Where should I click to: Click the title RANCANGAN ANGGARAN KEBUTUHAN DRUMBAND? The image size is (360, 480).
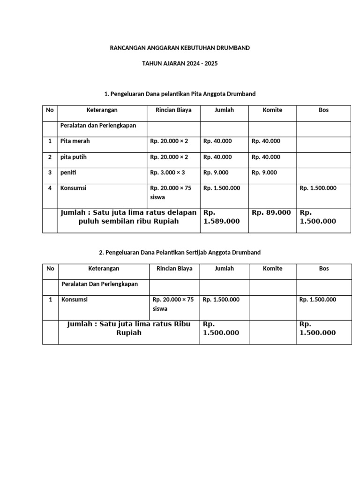tap(180, 48)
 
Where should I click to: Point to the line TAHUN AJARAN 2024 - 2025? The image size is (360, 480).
tap(180, 63)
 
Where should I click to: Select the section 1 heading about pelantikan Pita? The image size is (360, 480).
tap(180, 94)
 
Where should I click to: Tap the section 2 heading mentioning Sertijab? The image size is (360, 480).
tap(180, 253)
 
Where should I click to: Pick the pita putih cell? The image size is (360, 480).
tap(74, 157)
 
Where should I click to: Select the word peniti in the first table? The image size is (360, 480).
tap(68, 173)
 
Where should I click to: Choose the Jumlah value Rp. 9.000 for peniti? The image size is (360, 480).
tap(216, 173)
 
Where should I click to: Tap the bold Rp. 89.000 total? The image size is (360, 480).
tap(271, 213)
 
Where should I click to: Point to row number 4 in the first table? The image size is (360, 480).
tap(50, 188)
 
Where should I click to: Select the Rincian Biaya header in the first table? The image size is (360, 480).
tap(173, 110)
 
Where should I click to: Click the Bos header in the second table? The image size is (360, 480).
tap(323, 269)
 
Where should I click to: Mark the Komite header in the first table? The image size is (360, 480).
tap(272, 110)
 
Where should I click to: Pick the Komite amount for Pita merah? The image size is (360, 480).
tap(266, 141)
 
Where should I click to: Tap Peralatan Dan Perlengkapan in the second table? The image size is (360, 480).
tap(99, 285)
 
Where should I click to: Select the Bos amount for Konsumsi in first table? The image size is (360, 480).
tap(318, 188)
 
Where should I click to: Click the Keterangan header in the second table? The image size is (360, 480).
tap(104, 269)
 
